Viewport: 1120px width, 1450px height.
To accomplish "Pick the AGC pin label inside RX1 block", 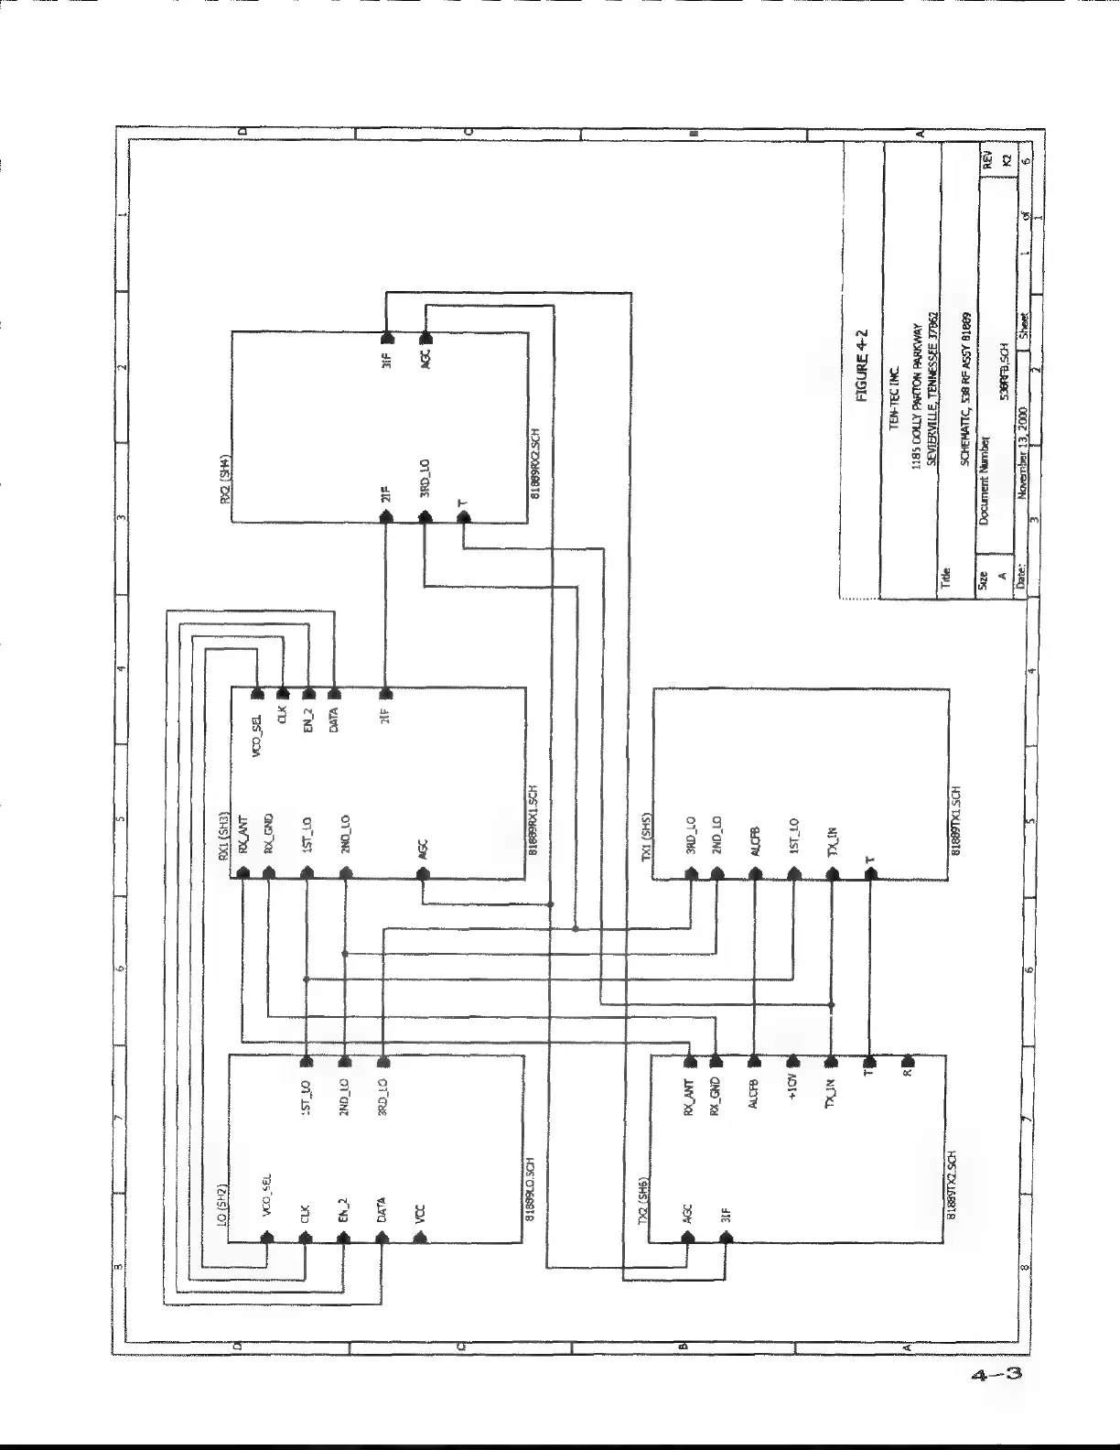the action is point(423,850).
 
